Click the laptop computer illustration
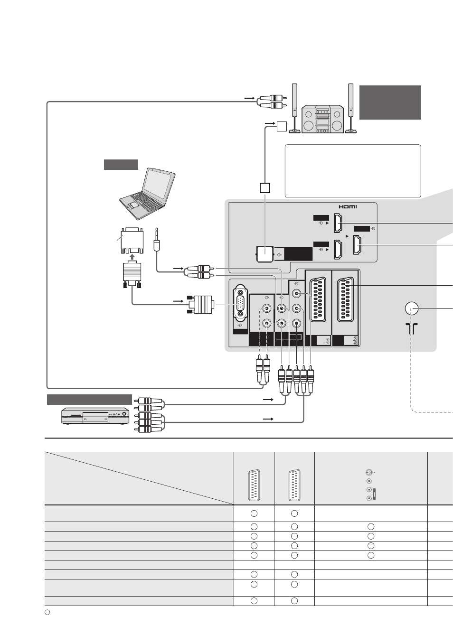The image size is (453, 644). (x=147, y=194)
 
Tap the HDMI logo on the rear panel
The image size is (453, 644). (x=348, y=207)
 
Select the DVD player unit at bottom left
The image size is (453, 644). (x=95, y=416)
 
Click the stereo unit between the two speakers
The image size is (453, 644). (x=322, y=119)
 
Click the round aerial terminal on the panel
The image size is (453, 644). (x=411, y=308)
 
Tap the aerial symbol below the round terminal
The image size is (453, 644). (x=411, y=328)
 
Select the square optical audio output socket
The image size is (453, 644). (x=265, y=254)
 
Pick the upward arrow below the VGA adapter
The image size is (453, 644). (x=132, y=256)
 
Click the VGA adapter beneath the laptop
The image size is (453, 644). (x=132, y=241)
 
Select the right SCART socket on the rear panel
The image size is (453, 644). (x=345, y=299)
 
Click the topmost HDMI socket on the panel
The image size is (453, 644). (x=338, y=223)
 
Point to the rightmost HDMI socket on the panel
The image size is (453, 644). (x=357, y=245)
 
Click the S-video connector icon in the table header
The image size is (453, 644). (x=369, y=472)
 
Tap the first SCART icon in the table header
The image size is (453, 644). (x=254, y=485)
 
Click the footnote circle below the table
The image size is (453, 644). (x=47, y=612)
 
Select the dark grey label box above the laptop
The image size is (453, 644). (x=121, y=165)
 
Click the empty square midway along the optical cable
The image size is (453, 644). (x=265, y=188)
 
